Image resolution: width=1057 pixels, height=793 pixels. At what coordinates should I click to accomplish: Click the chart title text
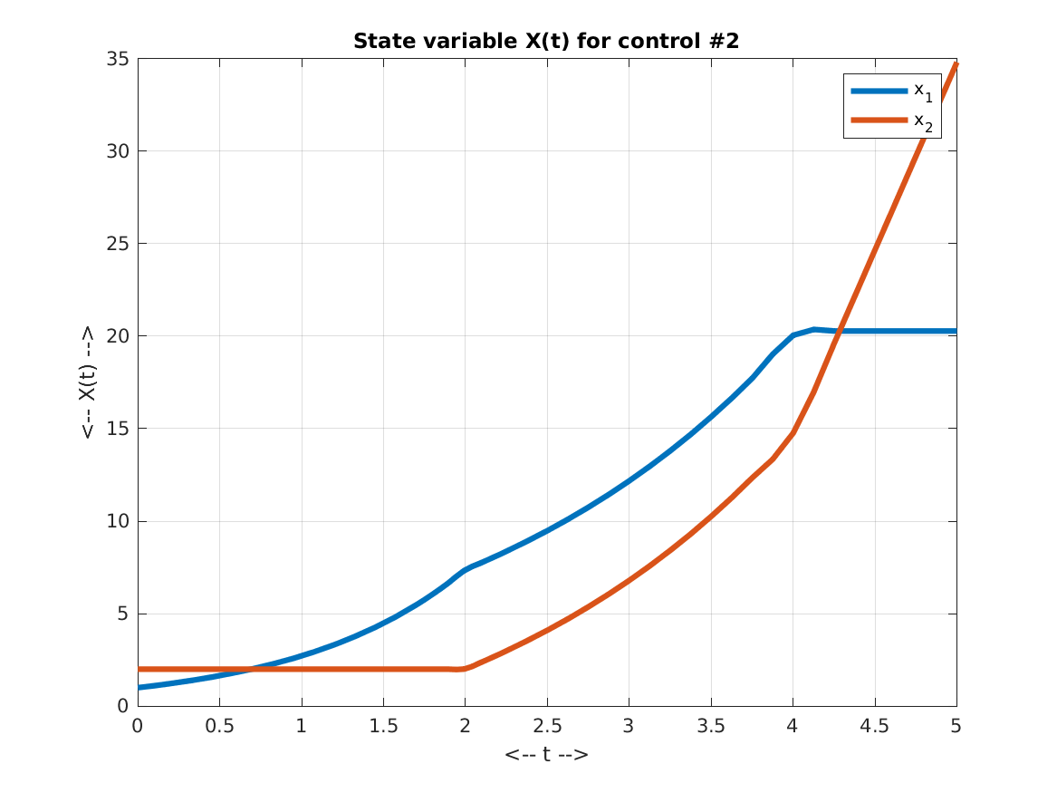[546, 42]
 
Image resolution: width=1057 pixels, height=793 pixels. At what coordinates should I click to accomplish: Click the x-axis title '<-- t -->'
[546, 753]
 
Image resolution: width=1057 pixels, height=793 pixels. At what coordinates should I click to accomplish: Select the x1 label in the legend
[922, 92]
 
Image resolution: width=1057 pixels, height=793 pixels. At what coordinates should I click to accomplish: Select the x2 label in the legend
[922, 121]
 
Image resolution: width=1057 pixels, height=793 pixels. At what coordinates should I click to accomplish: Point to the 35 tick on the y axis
[118, 59]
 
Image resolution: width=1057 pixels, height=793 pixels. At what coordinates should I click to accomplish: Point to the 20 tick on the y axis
[118, 336]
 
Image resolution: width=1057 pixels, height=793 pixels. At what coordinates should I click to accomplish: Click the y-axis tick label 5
[122, 614]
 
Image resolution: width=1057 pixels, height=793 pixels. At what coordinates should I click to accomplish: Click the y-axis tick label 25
[118, 244]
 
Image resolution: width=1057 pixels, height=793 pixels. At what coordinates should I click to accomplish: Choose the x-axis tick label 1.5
[383, 726]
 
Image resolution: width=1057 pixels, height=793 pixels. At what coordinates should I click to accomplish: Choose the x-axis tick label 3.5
[710, 726]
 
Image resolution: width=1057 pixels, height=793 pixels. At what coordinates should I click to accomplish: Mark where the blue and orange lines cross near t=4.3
[840, 331]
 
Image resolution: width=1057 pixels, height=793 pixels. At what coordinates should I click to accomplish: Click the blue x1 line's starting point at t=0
[138, 688]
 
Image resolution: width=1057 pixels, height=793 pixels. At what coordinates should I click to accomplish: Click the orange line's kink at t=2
[465, 669]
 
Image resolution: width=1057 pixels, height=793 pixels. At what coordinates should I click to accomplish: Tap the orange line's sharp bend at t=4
[793, 433]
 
